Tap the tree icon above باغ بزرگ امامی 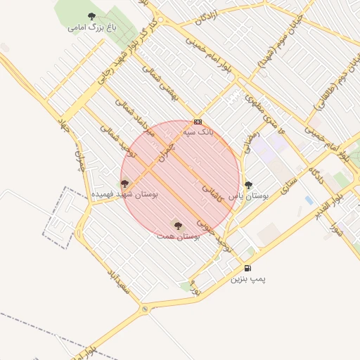coord(91,16)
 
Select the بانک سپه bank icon coord(198,121)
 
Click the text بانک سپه coord(197,131)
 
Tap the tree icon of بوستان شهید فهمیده coord(124,184)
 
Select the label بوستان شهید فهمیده coord(124,194)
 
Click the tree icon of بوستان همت coord(176,226)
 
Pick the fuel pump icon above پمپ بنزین coord(247,268)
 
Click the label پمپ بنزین coord(248,279)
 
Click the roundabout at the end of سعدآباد coord(145,309)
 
